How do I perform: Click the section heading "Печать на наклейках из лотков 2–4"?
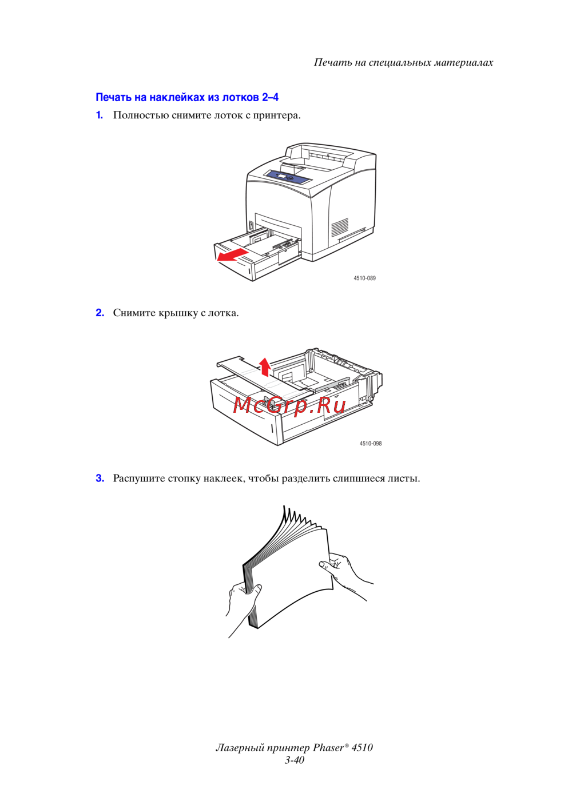(x=187, y=97)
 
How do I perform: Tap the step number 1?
(x=99, y=115)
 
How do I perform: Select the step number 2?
(x=100, y=312)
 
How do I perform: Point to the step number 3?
(x=100, y=478)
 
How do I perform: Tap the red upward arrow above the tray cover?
(x=265, y=367)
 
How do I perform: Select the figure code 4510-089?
(x=364, y=278)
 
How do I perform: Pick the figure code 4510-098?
(x=371, y=444)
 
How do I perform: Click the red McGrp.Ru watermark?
(x=289, y=405)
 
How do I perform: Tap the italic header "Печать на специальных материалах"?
(x=403, y=62)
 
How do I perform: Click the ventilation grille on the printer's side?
(x=340, y=227)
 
